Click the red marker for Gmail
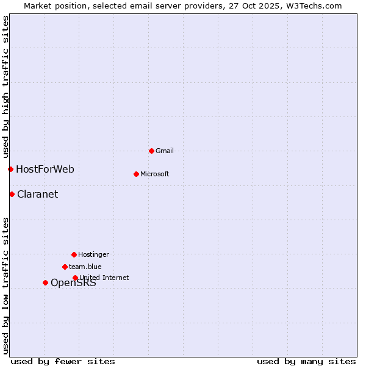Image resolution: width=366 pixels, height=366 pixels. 151,151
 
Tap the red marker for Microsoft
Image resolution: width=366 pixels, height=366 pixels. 136,174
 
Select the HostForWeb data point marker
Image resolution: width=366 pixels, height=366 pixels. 10,169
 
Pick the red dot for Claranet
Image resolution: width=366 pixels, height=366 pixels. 12,194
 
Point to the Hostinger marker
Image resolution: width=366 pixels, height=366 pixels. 74,254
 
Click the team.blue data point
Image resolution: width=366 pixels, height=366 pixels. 65,267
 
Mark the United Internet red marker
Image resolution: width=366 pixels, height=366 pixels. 75,278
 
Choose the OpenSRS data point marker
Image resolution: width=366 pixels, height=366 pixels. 45,282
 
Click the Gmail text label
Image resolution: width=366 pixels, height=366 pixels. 165,151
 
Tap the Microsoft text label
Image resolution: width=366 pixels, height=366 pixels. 155,174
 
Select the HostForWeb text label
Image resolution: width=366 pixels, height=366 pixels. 45,169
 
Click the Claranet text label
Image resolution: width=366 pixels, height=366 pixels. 38,195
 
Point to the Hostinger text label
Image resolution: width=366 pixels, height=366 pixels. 93,254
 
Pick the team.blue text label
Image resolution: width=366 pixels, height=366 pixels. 85,267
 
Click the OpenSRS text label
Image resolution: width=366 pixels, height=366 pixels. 73,283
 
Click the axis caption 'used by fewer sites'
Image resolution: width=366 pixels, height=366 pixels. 63,361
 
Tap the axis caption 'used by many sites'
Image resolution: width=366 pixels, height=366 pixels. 306,361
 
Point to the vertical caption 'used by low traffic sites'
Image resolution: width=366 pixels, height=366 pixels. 5,285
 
